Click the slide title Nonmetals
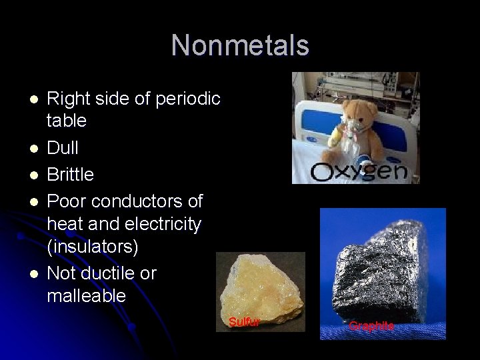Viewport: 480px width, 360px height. coord(240,45)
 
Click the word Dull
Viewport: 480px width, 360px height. coord(63,147)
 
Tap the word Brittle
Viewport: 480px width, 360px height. coord(70,175)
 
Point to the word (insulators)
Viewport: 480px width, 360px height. coord(93,247)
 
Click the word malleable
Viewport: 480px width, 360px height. coord(86,295)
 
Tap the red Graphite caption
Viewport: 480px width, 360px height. coord(371,326)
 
